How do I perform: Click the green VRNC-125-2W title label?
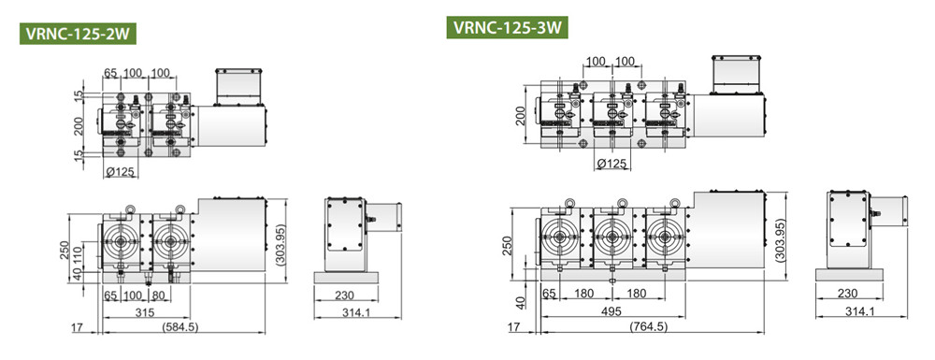[x=79, y=34]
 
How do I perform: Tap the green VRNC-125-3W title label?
[x=507, y=27]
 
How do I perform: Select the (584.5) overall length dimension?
[x=180, y=326]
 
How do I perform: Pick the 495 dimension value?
[x=611, y=311]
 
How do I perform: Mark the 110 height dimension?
[x=77, y=255]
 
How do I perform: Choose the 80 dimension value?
[x=158, y=295]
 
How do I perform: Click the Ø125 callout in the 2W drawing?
[x=121, y=173]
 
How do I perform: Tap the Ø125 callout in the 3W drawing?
[x=612, y=164]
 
